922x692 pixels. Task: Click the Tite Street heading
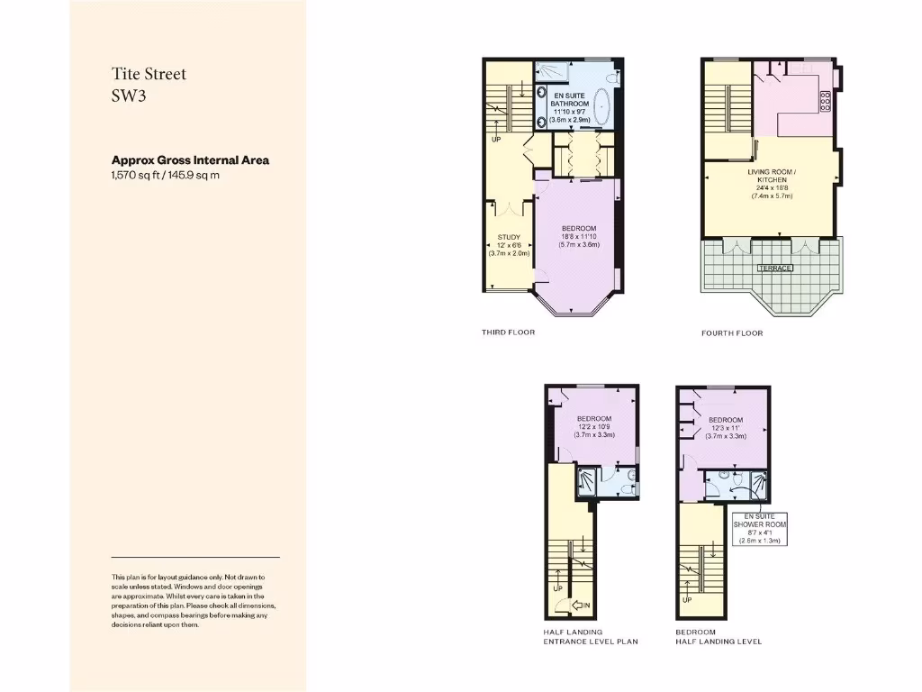coord(149,74)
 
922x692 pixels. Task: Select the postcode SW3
coord(128,96)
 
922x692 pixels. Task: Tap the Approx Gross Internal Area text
coord(190,160)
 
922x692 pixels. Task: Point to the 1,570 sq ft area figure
coord(138,175)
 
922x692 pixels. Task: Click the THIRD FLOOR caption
coord(508,332)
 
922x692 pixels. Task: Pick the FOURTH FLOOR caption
coord(731,333)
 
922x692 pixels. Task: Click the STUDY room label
coord(509,238)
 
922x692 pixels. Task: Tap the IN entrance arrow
coord(581,605)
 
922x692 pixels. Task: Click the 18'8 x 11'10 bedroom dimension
coord(578,236)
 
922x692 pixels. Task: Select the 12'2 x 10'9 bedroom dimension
coord(593,427)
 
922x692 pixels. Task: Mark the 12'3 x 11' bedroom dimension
coord(725,428)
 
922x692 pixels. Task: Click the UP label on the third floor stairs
coord(496,140)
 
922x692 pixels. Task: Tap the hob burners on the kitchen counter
coord(825,100)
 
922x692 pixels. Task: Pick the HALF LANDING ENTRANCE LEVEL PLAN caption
coord(591,637)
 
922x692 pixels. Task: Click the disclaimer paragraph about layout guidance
coord(188,600)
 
